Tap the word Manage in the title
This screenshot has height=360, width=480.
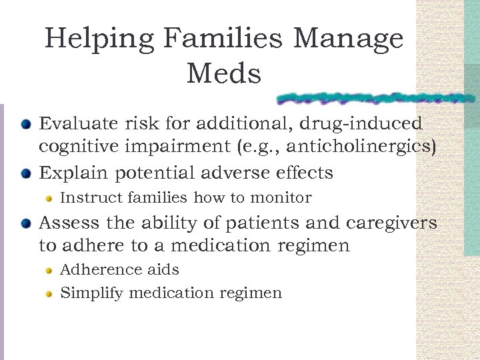(x=348, y=39)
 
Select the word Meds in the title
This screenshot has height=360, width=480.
(x=224, y=73)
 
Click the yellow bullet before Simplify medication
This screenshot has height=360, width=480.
(x=49, y=293)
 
